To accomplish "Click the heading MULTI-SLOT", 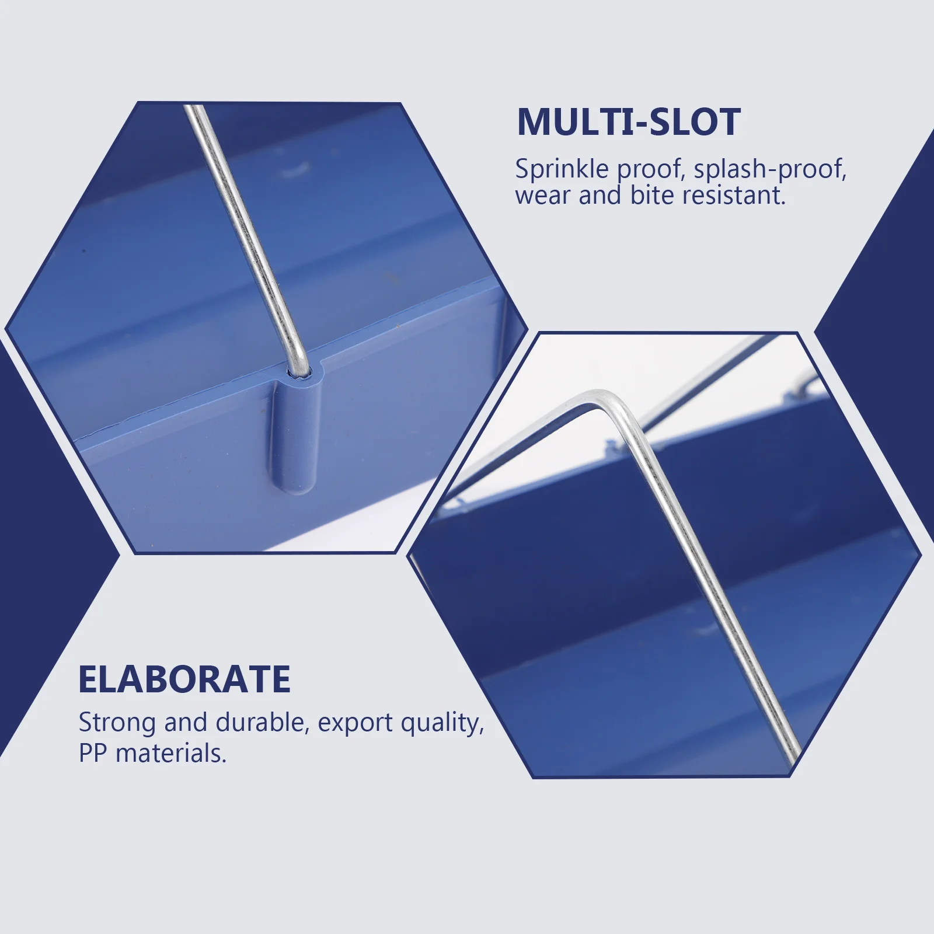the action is pos(629,122).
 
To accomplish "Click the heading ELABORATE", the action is pos(184,679).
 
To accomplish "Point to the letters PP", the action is pos(93,753).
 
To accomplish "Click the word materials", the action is pos(171,753).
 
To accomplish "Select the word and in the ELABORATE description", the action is pos(186,723).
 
